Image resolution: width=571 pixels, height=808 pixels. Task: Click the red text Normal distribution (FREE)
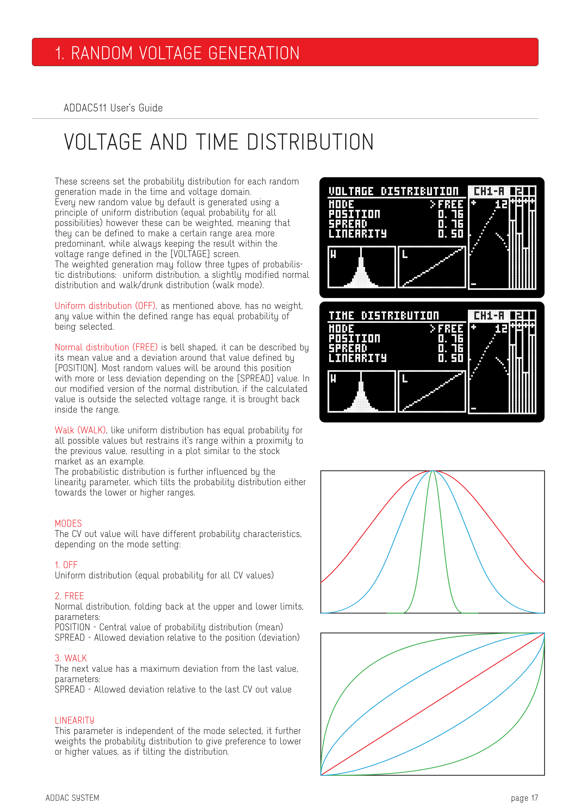click(106, 347)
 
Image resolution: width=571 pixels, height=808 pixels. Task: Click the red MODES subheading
click(68, 523)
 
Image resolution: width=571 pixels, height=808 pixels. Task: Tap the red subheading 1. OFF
click(66, 565)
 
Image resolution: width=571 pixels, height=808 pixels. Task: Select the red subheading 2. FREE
click(69, 596)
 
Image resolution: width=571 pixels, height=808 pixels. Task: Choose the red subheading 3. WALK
click(71, 658)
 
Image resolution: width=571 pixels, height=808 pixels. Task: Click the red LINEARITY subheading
click(74, 720)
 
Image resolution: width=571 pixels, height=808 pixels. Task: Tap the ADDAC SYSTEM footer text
click(73, 798)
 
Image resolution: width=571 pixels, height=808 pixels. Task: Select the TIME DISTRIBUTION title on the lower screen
click(384, 316)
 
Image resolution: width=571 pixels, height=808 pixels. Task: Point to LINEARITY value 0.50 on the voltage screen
click(451, 234)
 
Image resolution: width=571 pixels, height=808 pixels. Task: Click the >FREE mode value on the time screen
click(446, 329)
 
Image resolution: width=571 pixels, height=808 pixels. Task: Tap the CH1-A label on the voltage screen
click(489, 191)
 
